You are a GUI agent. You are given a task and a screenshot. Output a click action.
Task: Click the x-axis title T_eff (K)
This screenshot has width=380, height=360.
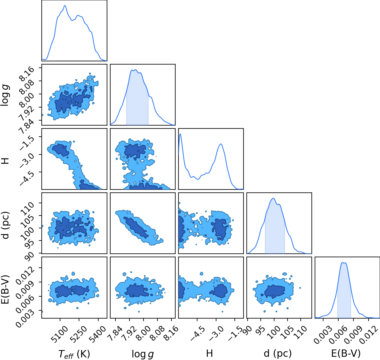74,354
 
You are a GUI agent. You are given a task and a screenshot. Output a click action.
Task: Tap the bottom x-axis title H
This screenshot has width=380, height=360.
209,353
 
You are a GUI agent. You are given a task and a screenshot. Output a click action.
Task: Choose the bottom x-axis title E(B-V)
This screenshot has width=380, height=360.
346,354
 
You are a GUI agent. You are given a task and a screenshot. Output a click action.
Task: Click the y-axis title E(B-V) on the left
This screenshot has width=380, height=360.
6,289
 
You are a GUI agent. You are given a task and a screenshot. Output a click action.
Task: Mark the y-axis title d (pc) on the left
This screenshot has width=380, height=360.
6,225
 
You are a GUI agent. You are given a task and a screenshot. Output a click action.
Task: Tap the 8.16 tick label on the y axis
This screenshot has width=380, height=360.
27,74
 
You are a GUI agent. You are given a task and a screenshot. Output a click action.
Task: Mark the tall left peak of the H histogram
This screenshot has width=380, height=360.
180,134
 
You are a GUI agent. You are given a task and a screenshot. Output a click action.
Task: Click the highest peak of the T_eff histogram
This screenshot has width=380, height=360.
65,6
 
